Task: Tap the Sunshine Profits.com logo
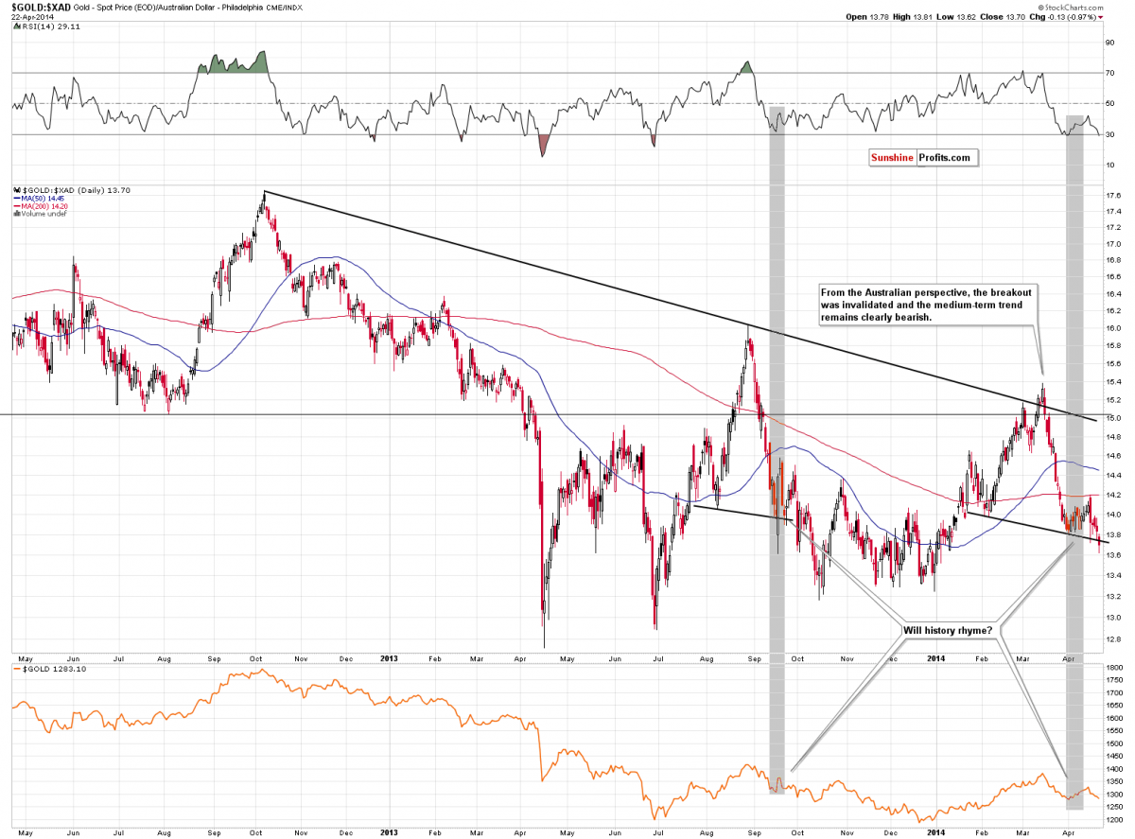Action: pyautogui.click(x=919, y=158)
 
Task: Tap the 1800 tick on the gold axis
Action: pyautogui.click(x=1112, y=668)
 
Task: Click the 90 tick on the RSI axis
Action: pyautogui.click(x=1109, y=43)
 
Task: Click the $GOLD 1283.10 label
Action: pyautogui.click(x=44, y=668)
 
